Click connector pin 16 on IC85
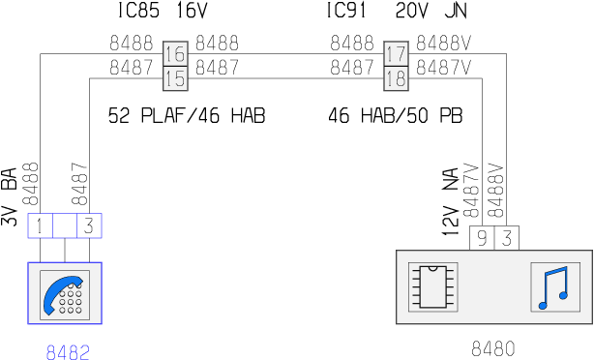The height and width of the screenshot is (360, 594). pyautogui.click(x=175, y=53)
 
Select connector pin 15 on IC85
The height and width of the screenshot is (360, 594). pyautogui.click(x=175, y=78)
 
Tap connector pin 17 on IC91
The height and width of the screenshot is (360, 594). pyautogui.click(x=396, y=53)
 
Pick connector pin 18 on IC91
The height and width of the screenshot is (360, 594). pyautogui.click(x=396, y=78)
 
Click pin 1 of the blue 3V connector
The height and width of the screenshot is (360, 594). pyautogui.click(x=40, y=225)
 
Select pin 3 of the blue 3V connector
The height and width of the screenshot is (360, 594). pyautogui.click(x=89, y=225)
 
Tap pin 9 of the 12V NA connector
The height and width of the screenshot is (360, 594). pyautogui.click(x=482, y=238)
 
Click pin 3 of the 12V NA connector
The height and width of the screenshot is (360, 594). pyautogui.click(x=507, y=238)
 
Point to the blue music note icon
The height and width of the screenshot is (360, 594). pyautogui.click(x=554, y=288)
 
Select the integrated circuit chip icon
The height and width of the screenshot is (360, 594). pyautogui.click(x=433, y=287)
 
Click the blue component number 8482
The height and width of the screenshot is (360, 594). pyautogui.click(x=68, y=352)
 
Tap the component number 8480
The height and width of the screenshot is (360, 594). pyautogui.click(x=493, y=348)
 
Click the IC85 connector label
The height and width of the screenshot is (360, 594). pyautogui.click(x=138, y=11)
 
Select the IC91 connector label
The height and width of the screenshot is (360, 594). pyautogui.click(x=346, y=11)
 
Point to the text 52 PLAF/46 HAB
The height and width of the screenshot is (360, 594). pyautogui.click(x=187, y=115)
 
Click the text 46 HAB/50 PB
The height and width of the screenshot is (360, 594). pyautogui.click(x=396, y=115)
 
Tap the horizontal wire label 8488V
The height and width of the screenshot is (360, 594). pyautogui.click(x=444, y=43)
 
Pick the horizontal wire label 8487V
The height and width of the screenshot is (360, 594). pyautogui.click(x=444, y=68)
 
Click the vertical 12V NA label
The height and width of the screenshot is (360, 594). pyautogui.click(x=451, y=201)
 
